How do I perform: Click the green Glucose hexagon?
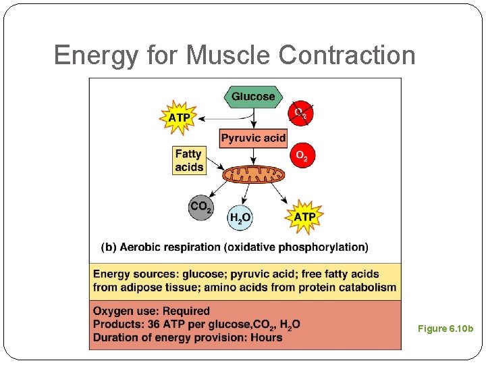(x=253, y=97)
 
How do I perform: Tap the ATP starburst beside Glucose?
(x=179, y=118)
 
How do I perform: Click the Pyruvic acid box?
(x=253, y=138)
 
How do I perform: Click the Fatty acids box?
(x=189, y=161)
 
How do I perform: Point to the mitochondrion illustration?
(x=254, y=175)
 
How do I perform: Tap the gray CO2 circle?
(x=201, y=207)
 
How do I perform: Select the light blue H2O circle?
(x=240, y=217)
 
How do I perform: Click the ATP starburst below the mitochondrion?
(x=304, y=216)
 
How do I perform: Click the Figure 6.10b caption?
(x=446, y=329)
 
